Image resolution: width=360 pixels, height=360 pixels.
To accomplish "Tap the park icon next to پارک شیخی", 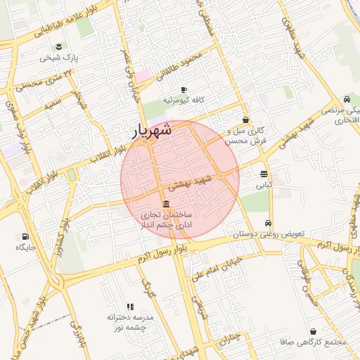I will tap(60, 47).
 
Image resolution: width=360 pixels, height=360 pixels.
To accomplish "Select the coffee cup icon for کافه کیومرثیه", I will tap(184, 90).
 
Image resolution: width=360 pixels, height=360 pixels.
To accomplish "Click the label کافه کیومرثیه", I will tap(184, 101).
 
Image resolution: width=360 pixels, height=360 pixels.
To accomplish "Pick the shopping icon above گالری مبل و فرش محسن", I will tap(245, 120).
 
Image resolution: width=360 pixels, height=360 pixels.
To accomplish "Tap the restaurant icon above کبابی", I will tap(264, 174).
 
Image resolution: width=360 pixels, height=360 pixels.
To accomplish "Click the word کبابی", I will tap(263, 186).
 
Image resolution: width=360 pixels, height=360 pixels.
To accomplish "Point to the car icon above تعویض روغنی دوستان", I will tap(268, 223).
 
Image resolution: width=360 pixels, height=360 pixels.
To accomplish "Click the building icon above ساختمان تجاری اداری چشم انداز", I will tap(165, 204).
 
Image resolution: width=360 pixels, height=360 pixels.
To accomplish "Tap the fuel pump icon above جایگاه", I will tap(26, 237).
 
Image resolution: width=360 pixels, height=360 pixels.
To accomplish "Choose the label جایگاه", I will tap(26, 247).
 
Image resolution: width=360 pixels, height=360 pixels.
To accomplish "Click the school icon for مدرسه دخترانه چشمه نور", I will tap(129, 307).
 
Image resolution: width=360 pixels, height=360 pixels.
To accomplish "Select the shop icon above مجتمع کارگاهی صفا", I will tap(313, 331).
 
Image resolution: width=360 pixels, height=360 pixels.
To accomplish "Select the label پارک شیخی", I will tap(60, 58).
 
